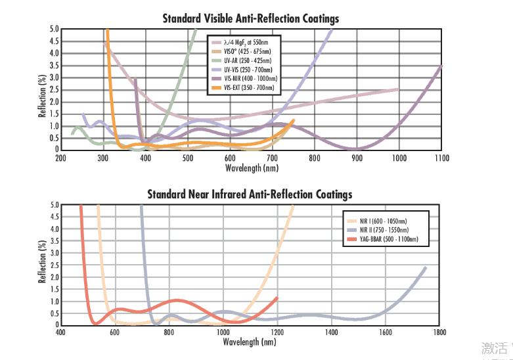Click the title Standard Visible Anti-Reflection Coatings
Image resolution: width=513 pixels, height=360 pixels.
(251, 18)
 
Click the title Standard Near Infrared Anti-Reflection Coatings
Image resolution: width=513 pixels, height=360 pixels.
(250, 194)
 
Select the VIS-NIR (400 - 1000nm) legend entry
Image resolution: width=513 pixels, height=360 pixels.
(250, 78)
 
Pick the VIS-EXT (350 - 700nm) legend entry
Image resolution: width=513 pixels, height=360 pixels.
(248, 87)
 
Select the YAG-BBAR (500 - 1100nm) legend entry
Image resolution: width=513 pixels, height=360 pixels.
(388, 240)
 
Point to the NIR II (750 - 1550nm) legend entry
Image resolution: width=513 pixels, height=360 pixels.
(384, 231)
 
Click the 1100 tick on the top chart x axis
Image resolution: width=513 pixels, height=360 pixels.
(441, 158)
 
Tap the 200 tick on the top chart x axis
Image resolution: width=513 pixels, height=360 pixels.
(60, 158)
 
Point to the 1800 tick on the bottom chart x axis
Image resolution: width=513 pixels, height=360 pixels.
(439, 333)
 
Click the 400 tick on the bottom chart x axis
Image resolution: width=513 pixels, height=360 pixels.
(60, 333)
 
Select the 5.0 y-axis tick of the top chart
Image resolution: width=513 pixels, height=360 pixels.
(54, 30)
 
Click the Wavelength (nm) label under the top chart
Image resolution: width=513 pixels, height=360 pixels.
(250, 168)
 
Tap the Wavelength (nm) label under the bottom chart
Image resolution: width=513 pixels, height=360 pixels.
(250, 342)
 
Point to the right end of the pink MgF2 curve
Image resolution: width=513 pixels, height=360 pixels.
(397, 89)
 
